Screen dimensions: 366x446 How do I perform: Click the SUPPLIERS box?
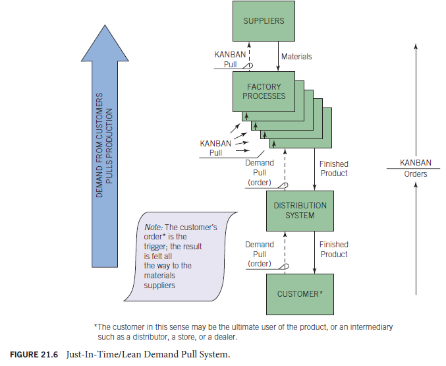click(x=264, y=22)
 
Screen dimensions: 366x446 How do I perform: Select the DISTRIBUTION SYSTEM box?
click(x=300, y=210)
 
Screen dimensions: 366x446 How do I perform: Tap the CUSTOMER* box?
click(x=300, y=293)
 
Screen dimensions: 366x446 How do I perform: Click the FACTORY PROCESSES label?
click(x=264, y=91)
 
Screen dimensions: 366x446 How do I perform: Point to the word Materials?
click(x=296, y=57)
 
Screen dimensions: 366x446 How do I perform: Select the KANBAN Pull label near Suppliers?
click(x=231, y=59)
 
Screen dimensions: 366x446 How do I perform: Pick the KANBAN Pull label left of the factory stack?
click(x=215, y=148)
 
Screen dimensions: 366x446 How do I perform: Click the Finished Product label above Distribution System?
click(x=333, y=168)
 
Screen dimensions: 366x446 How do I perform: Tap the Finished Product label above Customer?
click(x=333, y=249)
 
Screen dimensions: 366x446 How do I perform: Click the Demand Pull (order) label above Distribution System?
click(x=259, y=172)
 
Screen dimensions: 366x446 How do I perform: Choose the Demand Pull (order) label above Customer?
click(x=259, y=254)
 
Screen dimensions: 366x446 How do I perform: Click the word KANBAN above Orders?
click(x=416, y=163)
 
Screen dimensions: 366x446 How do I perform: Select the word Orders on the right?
click(x=416, y=174)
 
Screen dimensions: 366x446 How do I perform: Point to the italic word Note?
click(x=153, y=228)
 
